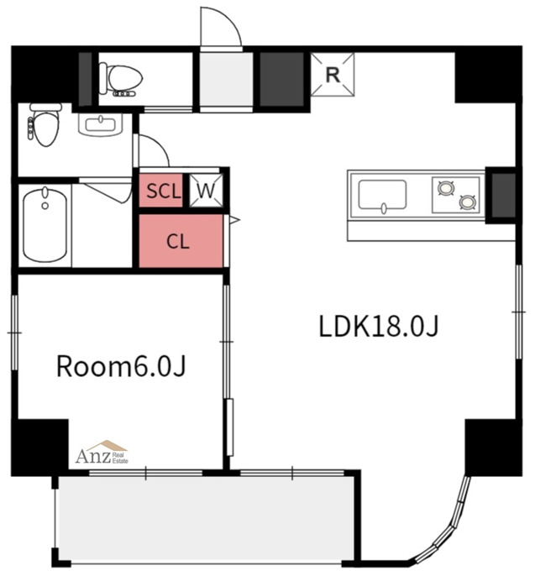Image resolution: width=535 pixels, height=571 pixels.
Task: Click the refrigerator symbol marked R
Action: point(332,75)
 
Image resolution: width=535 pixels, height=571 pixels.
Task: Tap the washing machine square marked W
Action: point(206,191)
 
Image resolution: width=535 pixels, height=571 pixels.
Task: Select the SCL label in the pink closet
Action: point(164,191)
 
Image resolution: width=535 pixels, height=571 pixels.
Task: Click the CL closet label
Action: point(178,241)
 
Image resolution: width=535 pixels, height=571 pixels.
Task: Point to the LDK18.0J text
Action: point(379,327)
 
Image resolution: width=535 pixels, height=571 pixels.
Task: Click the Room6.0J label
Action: point(121,366)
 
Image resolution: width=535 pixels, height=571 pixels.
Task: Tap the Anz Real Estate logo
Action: point(102,452)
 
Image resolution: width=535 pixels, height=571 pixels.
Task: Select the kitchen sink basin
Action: point(382,195)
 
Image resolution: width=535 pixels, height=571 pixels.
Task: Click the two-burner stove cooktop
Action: point(455,195)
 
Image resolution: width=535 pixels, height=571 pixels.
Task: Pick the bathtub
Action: point(45,225)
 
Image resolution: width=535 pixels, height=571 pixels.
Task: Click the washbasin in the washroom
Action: point(100,125)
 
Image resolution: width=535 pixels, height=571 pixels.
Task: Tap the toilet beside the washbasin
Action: point(45,124)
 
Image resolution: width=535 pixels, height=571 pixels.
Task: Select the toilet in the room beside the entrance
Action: point(121,80)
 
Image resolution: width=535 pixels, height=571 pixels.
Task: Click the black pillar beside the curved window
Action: point(493,448)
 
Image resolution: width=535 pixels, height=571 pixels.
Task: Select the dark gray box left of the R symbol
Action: point(281,80)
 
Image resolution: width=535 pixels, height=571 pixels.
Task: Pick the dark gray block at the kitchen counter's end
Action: point(504,195)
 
